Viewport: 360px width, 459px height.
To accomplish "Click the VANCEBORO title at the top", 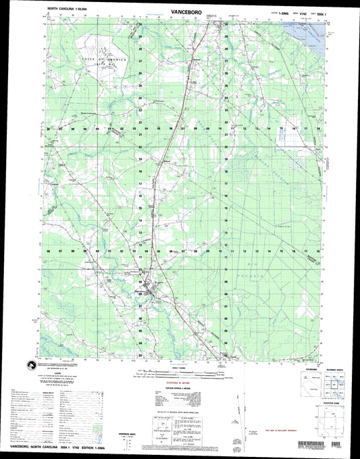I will (179, 11).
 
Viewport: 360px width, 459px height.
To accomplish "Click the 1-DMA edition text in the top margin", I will (264, 12).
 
